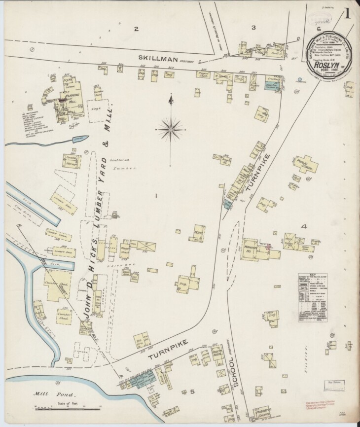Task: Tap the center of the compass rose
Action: click(170, 129)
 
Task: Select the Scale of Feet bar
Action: click(67, 407)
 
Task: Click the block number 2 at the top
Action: click(136, 29)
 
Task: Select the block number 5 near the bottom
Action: click(193, 391)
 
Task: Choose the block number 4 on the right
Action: click(304, 226)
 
